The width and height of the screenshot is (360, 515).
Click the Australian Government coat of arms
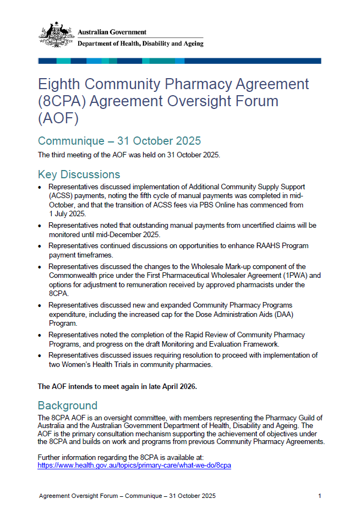(56, 35)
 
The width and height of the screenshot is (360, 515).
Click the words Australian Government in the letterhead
(112, 32)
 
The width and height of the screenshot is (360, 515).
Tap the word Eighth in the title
(60, 84)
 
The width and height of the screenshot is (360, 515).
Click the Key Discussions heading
(79, 174)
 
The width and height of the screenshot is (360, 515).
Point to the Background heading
(67, 406)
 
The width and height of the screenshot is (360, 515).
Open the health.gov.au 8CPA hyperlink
(134, 465)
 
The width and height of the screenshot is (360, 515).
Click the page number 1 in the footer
(319, 496)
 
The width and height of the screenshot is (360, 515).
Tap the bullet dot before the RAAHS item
(40, 246)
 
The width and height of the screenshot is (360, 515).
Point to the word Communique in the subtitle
(71, 141)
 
